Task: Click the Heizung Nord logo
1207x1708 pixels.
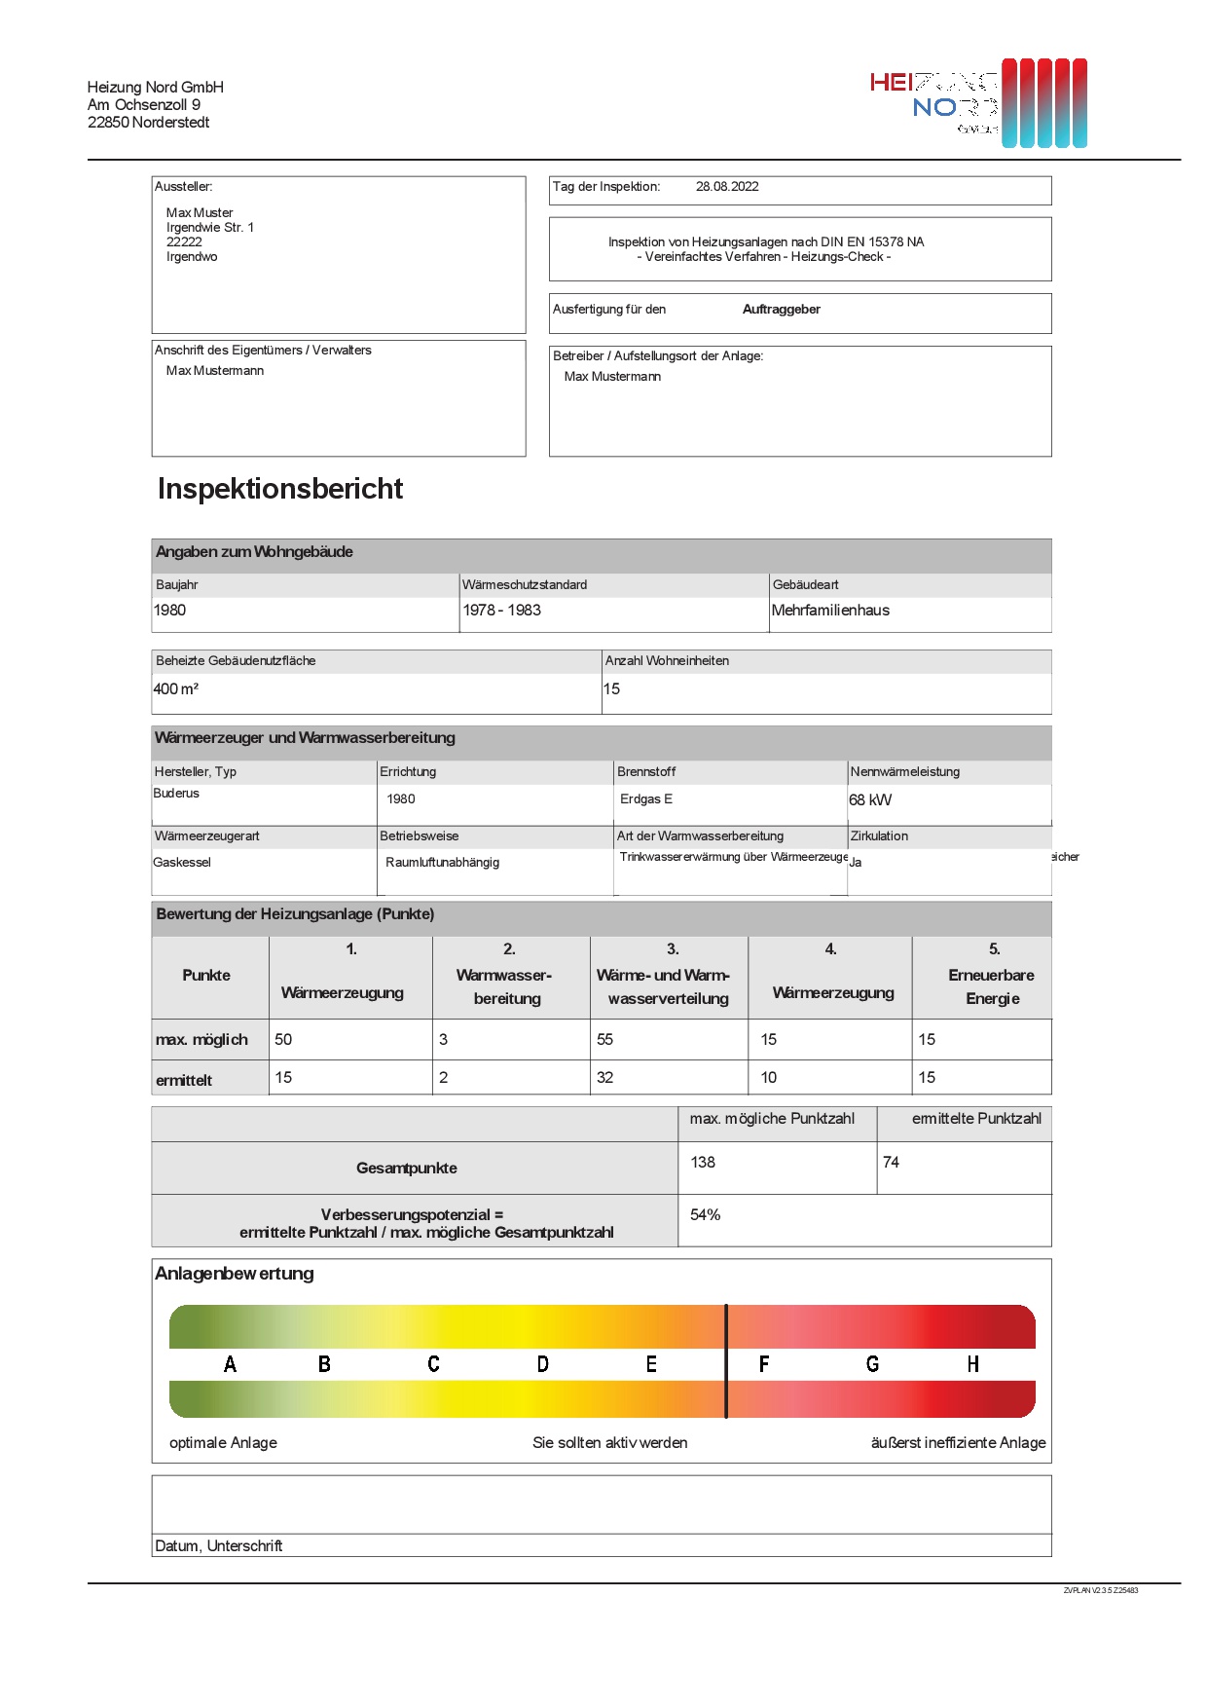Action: tap(978, 103)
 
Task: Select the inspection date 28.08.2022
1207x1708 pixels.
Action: tap(727, 187)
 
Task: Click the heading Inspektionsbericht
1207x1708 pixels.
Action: tap(280, 489)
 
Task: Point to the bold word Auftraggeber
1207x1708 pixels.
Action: tap(781, 310)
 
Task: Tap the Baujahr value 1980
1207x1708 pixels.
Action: tap(170, 611)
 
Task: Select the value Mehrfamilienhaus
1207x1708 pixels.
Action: tap(830, 611)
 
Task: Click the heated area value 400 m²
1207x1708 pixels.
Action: tap(176, 689)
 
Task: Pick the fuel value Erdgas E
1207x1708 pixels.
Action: tap(646, 799)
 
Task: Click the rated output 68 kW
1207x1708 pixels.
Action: tap(870, 800)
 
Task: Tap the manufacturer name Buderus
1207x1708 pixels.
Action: tap(176, 794)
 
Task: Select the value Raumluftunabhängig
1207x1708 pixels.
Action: tap(442, 863)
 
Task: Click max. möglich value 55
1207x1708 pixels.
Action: tap(605, 1040)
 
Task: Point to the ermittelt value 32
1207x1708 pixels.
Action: tap(605, 1078)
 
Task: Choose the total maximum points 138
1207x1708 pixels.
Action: tap(703, 1163)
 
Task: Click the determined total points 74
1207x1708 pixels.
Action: tap(891, 1163)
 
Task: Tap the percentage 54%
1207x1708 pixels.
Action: tap(706, 1215)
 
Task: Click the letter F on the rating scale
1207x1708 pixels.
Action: tap(764, 1364)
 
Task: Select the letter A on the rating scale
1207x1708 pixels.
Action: tap(231, 1364)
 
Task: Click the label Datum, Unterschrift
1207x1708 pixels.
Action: tap(219, 1546)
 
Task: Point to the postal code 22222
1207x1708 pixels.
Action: tap(184, 242)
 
